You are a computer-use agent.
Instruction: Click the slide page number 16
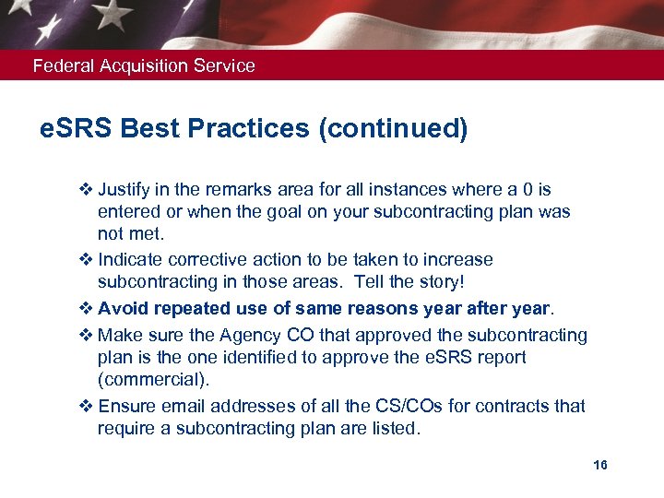point(600,465)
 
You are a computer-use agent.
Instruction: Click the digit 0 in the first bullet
point(527,190)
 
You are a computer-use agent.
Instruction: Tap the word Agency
point(237,334)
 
